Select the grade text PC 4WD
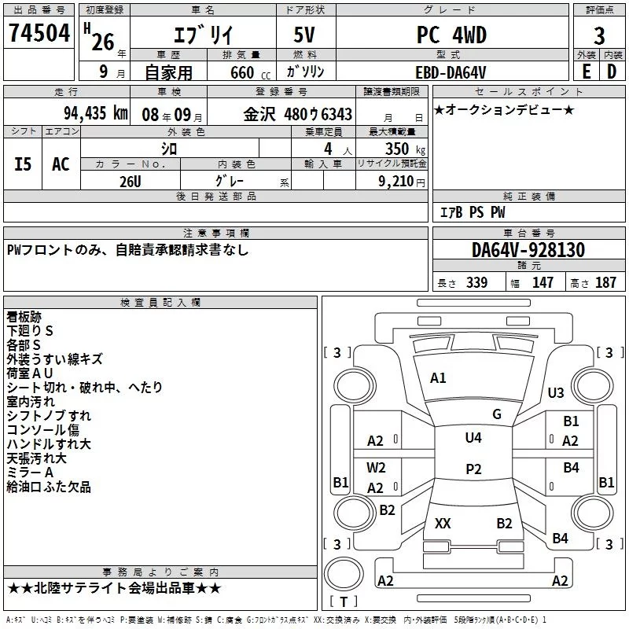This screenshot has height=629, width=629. (x=451, y=35)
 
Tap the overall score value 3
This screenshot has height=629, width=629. (x=599, y=36)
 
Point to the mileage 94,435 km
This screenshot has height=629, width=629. (x=95, y=113)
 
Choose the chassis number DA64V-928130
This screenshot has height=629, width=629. (x=528, y=250)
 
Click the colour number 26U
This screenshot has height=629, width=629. (x=131, y=180)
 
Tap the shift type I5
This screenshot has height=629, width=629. (x=24, y=164)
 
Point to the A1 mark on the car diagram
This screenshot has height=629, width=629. (x=438, y=378)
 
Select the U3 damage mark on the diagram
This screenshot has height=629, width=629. (x=556, y=393)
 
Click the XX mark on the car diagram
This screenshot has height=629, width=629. (x=443, y=523)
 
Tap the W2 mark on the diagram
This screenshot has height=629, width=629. (x=376, y=467)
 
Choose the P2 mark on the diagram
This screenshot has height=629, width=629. (x=473, y=469)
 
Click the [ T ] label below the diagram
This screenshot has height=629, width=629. (x=344, y=602)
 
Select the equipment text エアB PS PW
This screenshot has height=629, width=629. (x=472, y=212)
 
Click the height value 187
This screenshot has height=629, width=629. (x=606, y=283)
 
